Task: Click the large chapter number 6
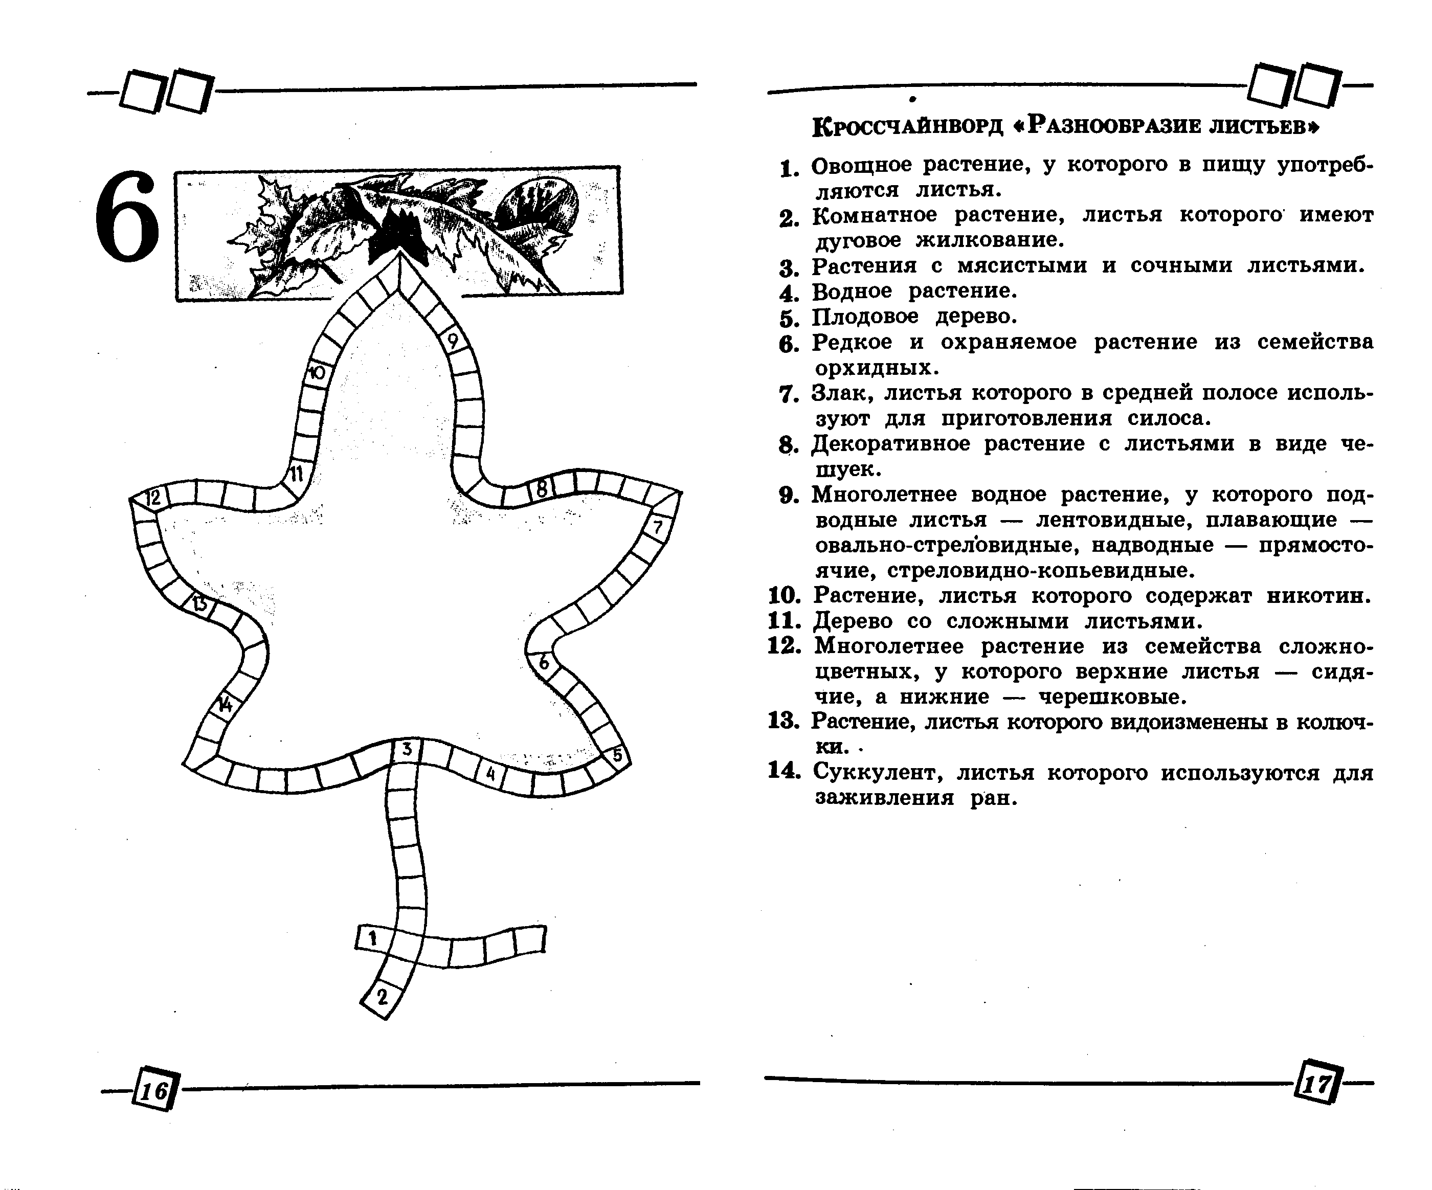pyautogui.click(x=127, y=217)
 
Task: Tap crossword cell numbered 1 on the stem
pyautogui.click(x=372, y=938)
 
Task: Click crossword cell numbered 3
pyautogui.click(x=407, y=750)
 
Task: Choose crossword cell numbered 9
pyautogui.click(x=452, y=340)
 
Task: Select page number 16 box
pyautogui.click(x=154, y=1091)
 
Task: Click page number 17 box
pyautogui.click(x=1318, y=1083)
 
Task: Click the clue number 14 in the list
pyautogui.click(x=784, y=771)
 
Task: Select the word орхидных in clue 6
pyautogui.click(x=876, y=368)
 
